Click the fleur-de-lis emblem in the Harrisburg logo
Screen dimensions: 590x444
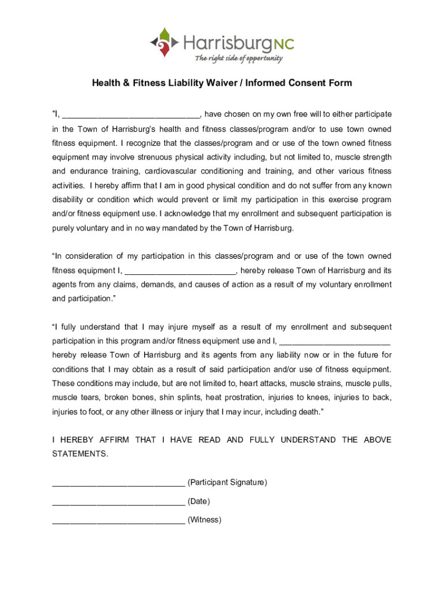(x=164, y=42)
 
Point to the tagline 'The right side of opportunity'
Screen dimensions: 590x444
(x=238, y=58)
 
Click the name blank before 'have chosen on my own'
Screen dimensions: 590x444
(x=131, y=115)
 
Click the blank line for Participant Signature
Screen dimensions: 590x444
(x=118, y=483)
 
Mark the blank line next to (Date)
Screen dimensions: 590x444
(x=118, y=502)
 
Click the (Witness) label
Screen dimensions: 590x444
(x=205, y=520)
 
